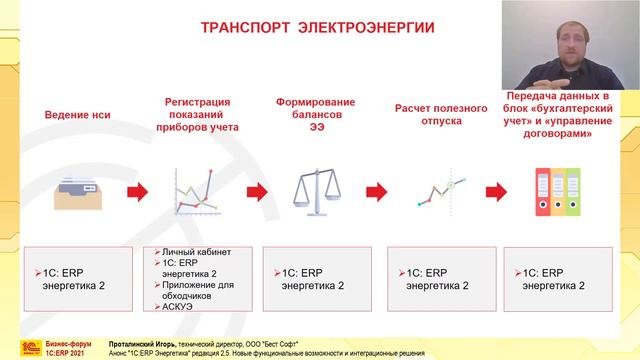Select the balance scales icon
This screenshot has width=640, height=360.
click(312, 191)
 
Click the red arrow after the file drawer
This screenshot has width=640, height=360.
click(139, 190)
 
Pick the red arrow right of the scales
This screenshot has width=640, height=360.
click(376, 190)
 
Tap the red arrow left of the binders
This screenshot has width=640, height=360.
click(494, 190)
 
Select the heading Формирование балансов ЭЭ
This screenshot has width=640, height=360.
click(312, 114)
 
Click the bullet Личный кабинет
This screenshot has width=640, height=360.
click(184, 252)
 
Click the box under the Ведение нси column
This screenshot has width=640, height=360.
click(78, 277)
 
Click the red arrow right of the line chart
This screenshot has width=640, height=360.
click(257, 190)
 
